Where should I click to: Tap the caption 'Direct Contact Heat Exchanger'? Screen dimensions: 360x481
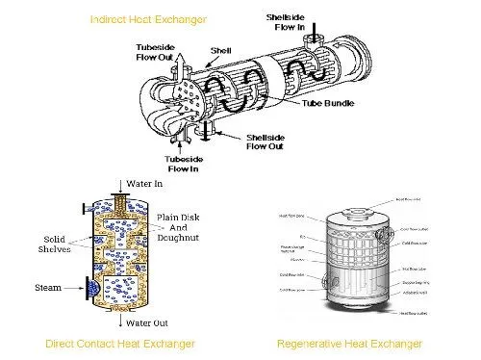coord(120,344)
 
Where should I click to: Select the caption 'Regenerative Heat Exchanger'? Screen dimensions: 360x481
coord(348,344)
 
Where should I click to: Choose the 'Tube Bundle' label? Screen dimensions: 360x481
coord(328,103)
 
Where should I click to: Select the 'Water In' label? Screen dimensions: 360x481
coord(145,182)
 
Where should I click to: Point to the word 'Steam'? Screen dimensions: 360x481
coord(49,287)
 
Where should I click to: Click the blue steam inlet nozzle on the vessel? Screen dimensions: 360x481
coord(92,286)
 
